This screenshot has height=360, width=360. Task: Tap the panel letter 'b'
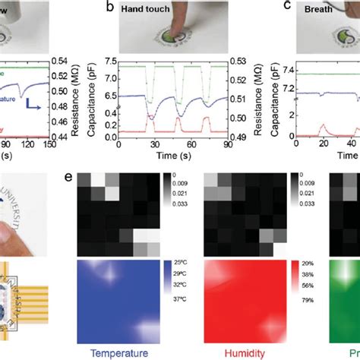pyautogui.click(x=112, y=8)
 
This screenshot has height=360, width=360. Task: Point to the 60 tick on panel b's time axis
pyautogui.click(x=195, y=144)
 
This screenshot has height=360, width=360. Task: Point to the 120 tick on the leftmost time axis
pyautogui.click(x=29, y=144)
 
